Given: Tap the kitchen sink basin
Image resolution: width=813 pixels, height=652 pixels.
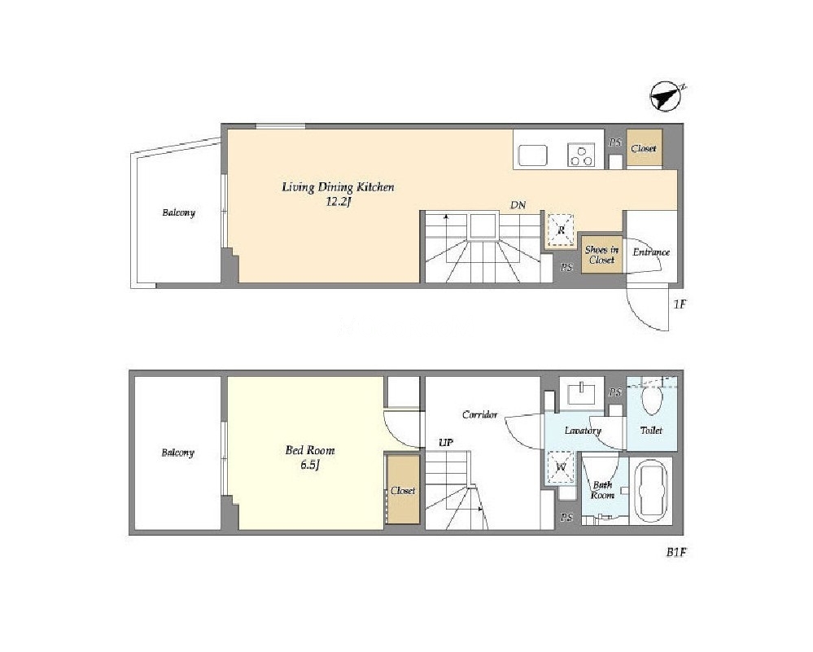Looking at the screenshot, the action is pos(532,155).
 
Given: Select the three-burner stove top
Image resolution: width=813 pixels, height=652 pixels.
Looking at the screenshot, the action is pos(581,155).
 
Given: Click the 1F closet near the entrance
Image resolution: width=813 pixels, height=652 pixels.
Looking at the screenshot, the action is pos(644,148).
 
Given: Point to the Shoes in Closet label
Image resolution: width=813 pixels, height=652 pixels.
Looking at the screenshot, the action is pos(601,255).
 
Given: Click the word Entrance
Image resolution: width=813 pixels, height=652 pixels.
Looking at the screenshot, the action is pos(651,252).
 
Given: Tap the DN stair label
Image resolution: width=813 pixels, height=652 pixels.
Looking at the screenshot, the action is pos(518,205).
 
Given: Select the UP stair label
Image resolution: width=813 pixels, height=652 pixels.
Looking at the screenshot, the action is pos(446,443).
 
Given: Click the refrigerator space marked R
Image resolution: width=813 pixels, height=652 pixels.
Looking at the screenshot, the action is pos(561,230).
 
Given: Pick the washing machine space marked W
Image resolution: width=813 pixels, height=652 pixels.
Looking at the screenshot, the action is pos(561,467).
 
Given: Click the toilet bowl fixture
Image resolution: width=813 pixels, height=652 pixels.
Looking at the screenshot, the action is pos(652,400).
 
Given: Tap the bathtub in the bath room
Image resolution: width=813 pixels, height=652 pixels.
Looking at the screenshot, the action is pos(651,492).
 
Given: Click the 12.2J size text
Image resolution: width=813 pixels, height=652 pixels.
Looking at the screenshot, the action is pos(339,202).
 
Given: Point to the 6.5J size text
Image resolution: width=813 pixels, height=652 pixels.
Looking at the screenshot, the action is pos(309,465).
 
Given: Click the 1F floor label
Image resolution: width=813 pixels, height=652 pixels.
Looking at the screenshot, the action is pos(680,304).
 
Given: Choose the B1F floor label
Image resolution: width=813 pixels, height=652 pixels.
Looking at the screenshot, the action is pos(676,553).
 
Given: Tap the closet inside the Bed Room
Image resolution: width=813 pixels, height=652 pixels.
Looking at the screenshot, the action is pos(404,490).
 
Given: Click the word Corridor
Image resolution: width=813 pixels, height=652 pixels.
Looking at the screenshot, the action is pos(479,414).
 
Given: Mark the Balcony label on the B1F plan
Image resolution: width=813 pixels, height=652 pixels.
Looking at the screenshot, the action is pos(178,453).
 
